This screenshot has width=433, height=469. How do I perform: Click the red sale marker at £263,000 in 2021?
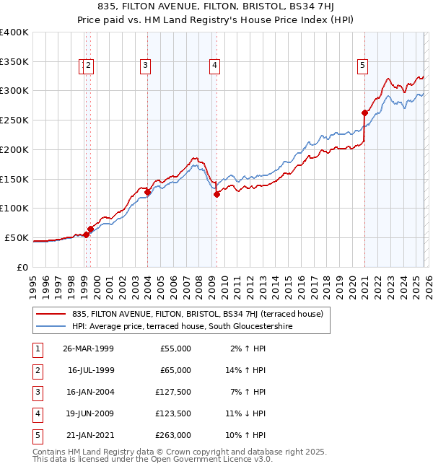pos(365,113)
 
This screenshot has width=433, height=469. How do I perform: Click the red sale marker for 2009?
pos(216,194)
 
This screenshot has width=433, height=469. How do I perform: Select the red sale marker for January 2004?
pos(147,192)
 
